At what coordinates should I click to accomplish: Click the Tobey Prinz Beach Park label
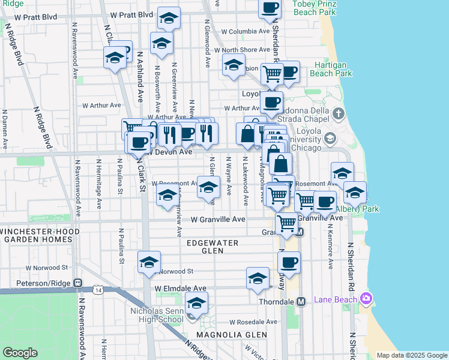point(313,8)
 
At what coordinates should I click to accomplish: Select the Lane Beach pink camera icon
point(367,298)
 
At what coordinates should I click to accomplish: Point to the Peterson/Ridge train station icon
point(77,283)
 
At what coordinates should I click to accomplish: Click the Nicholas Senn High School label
point(157,315)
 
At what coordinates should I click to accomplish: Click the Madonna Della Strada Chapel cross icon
point(339,113)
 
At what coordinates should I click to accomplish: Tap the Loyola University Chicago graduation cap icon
point(330,139)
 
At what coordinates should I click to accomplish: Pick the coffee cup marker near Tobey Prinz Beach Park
point(270,8)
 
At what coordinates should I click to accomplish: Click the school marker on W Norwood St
point(149,262)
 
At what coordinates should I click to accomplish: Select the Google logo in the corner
point(20,353)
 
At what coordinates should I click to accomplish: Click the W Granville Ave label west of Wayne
point(218,220)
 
